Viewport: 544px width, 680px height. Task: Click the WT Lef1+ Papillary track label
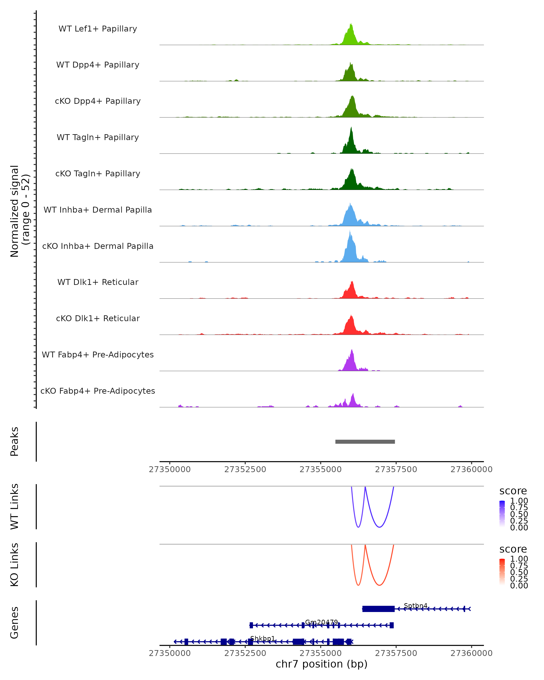pos(98,29)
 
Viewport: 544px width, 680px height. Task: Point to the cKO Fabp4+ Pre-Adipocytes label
pos(98,391)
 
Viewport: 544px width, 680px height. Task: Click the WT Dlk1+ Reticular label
pos(98,282)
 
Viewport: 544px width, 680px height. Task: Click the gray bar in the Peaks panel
pos(365,442)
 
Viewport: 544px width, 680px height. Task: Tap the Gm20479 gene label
pos(321,622)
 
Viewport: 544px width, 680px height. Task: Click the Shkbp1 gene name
pos(262,638)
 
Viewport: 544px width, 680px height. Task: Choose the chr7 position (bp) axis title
pos(321,664)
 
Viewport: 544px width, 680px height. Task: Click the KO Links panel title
pos(15,565)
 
